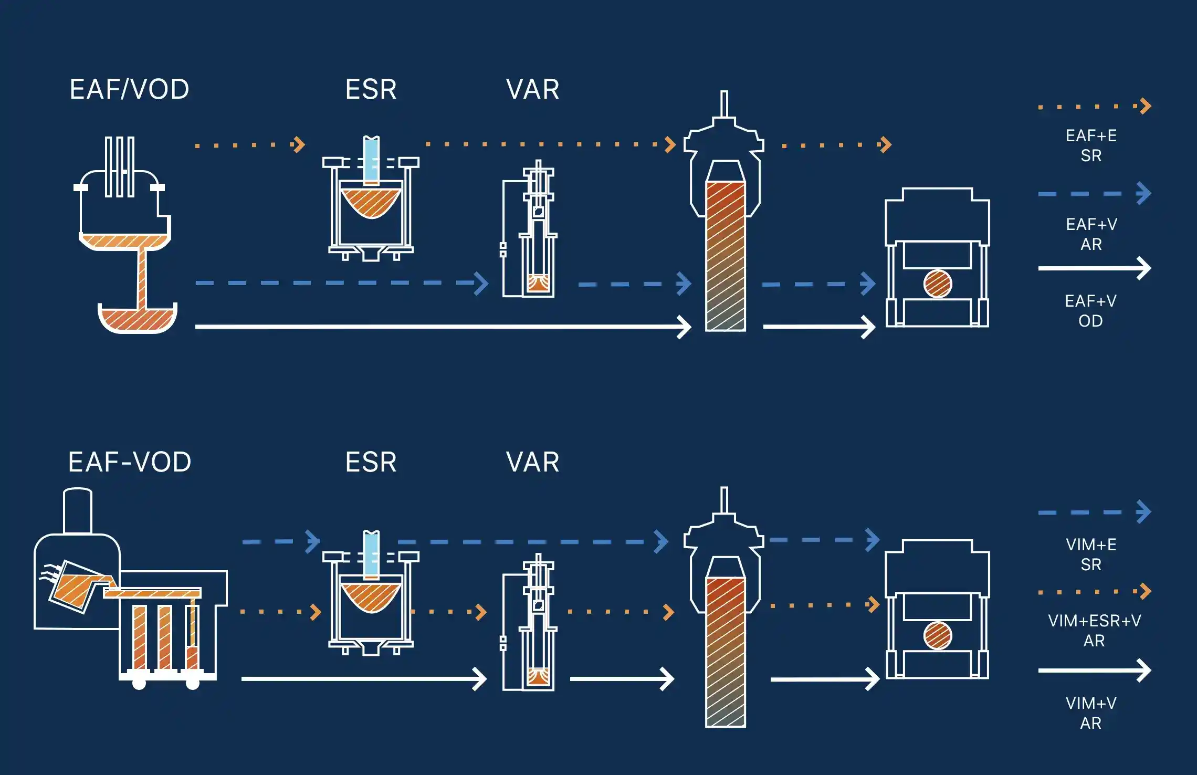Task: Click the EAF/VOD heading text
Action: [x=129, y=90]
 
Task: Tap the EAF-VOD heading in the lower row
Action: [x=130, y=463]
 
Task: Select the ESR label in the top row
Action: [x=371, y=90]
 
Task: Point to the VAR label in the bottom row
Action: [x=532, y=463]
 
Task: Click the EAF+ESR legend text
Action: [x=1091, y=145]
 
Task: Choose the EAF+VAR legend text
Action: [x=1091, y=234]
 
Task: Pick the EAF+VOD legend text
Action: [x=1091, y=311]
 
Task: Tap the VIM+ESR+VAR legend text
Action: [x=1094, y=631]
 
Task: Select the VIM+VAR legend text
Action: [x=1091, y=713]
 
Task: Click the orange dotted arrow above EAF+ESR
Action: [x=1094, y=107]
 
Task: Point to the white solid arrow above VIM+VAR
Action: [x=1094, y=671]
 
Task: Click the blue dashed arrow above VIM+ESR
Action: [x=1094, y=512]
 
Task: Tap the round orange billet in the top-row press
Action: [x=937, y=284]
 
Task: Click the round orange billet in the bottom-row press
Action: [x=937, y=636]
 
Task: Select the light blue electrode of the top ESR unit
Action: [x=371, y=159]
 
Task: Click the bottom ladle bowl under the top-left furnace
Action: [x=137, y=319]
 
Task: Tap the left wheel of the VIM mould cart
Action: [x=139, y=683]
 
